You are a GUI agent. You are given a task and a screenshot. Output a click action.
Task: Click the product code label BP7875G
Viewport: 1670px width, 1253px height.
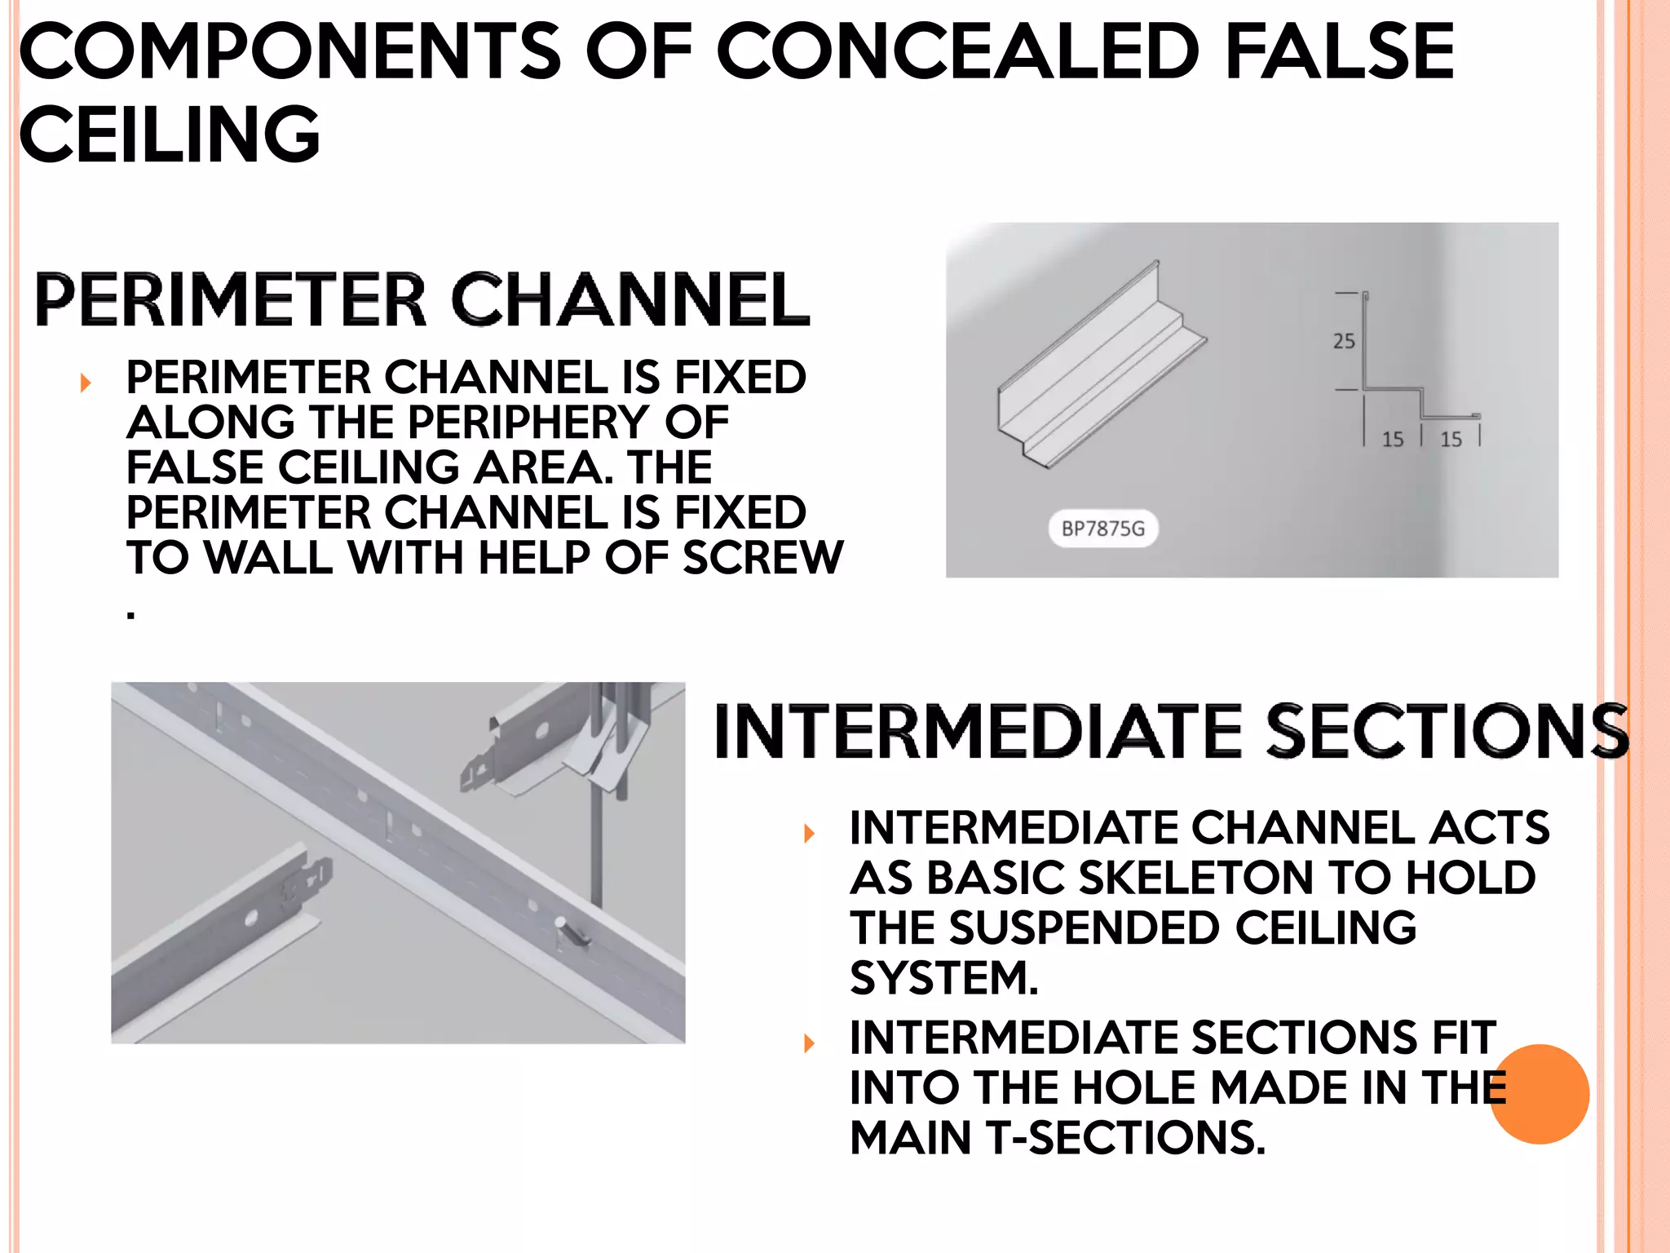1102,529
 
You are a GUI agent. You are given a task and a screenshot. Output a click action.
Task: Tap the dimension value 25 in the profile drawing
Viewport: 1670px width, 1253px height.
1344,341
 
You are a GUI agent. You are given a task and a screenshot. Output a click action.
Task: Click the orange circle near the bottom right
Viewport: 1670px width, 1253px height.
1540,1094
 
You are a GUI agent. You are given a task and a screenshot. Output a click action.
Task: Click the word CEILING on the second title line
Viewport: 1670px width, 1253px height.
170,134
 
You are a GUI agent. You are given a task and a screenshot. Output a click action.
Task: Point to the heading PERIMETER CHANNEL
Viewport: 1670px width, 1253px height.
422,299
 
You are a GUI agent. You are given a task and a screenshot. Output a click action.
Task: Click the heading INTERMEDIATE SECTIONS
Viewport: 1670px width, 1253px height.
1171,731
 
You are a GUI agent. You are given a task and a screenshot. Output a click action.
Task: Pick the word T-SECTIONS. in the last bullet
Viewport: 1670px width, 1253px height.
1125,1137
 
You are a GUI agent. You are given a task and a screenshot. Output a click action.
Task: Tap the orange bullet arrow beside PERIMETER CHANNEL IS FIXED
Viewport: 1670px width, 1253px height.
86,382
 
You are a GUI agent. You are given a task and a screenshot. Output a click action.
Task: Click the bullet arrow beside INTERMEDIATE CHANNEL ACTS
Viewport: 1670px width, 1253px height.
809,833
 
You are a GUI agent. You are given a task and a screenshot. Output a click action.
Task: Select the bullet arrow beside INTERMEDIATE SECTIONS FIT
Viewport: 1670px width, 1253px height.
809,1043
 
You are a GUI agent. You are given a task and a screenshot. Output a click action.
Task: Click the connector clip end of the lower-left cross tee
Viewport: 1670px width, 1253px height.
308,881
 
